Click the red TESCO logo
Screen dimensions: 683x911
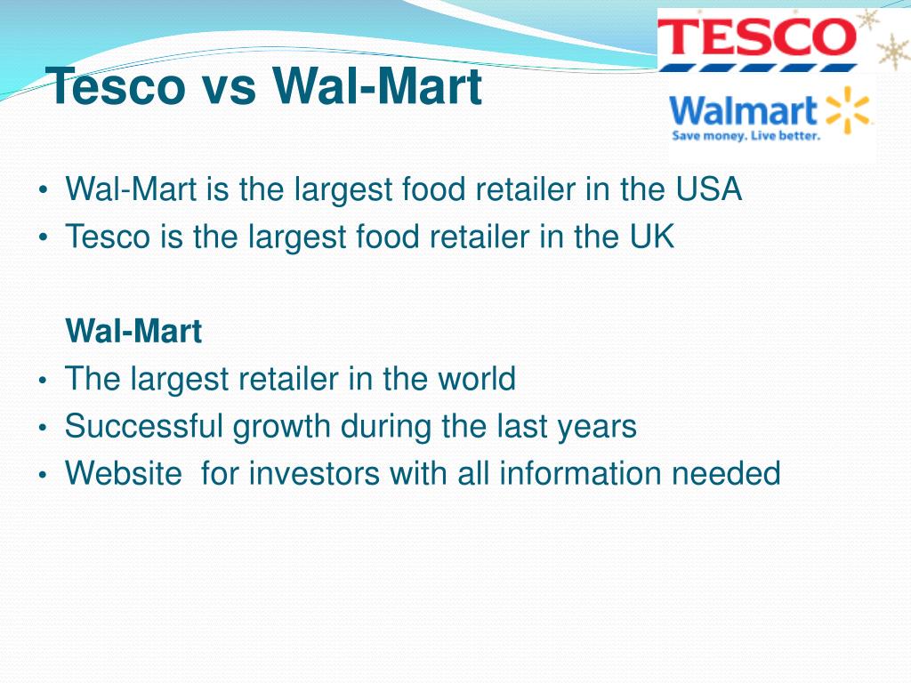pos(756,38)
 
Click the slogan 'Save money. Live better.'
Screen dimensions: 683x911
pos(746,136)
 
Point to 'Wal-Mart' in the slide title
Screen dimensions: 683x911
pos(377,87)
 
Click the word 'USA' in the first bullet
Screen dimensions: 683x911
pos(708,189)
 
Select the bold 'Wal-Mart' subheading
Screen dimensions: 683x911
pos(134,332)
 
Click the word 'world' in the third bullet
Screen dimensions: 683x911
pos(476,379)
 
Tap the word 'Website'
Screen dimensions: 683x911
pos(123,473)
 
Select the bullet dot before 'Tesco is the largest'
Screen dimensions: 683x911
pos(43,238)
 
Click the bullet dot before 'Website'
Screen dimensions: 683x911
pos(43,475)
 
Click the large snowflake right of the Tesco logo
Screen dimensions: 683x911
pos(892,52)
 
